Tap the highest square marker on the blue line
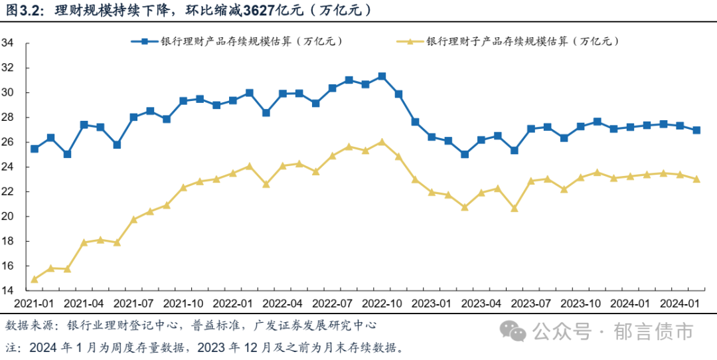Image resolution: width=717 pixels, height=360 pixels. point(382,76)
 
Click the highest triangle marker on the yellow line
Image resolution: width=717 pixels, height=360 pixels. point(382,141)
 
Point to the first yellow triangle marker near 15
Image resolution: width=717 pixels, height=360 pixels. point(35,279)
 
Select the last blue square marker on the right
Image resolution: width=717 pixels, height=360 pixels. point(696,130)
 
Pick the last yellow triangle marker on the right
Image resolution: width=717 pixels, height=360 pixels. point(696,179)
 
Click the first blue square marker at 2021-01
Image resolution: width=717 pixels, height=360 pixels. point(35,149)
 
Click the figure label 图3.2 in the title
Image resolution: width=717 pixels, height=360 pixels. point(24,11)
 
